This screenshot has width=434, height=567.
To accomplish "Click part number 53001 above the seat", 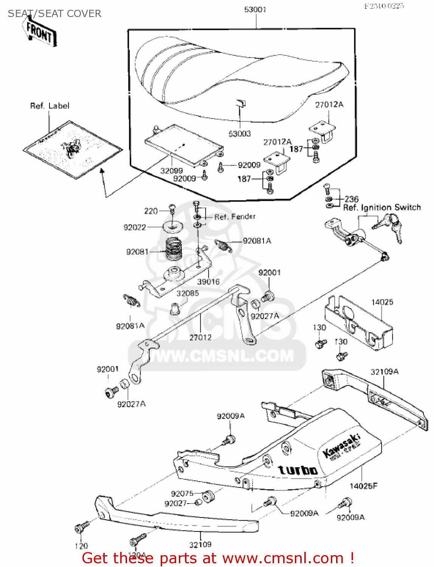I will click(255, 9).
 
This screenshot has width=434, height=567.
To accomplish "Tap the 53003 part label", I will click(240, 134).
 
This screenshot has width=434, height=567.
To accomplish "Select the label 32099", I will click(171, 171).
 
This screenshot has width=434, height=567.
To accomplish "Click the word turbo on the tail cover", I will click(298, 470).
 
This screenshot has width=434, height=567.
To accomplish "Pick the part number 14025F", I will click(363, 486).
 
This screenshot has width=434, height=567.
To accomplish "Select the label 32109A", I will click(384, 372).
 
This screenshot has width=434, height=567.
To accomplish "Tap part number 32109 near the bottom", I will click(200, 545).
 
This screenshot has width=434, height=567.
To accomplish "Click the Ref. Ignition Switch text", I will click(382, 208).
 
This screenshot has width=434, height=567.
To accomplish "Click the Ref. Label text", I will click(50, 106).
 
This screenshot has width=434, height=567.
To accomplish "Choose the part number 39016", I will click(208, 282).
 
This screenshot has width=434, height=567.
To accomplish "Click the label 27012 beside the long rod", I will click(200, 337).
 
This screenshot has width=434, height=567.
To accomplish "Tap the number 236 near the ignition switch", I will click(352, 199).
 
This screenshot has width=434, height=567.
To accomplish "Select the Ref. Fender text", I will click(235, 217).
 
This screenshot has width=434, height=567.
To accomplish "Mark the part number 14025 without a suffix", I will click(382, 302).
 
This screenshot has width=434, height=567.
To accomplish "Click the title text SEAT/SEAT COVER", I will click(54, 14).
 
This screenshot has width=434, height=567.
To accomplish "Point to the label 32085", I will click(188, 293).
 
